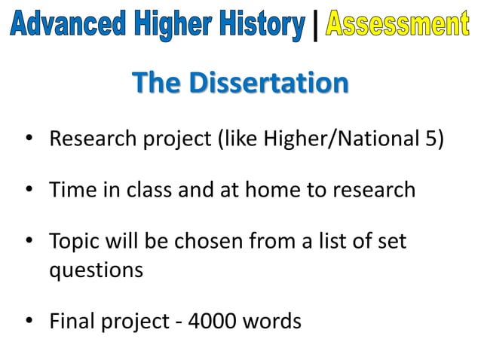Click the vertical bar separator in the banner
pyautogui.click(x=315, y=28)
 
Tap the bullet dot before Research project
pyautogui.click(x=29, y=141)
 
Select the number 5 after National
pyautogui.click(x=429, y=140)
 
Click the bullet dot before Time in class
pyautogui.click(x=29, y=190)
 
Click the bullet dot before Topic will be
pyautogui.click(x=29, y=243)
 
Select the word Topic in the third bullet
pyautogui.click(x=74, y=243)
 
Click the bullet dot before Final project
pyautogui.click(x=29, y=322)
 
